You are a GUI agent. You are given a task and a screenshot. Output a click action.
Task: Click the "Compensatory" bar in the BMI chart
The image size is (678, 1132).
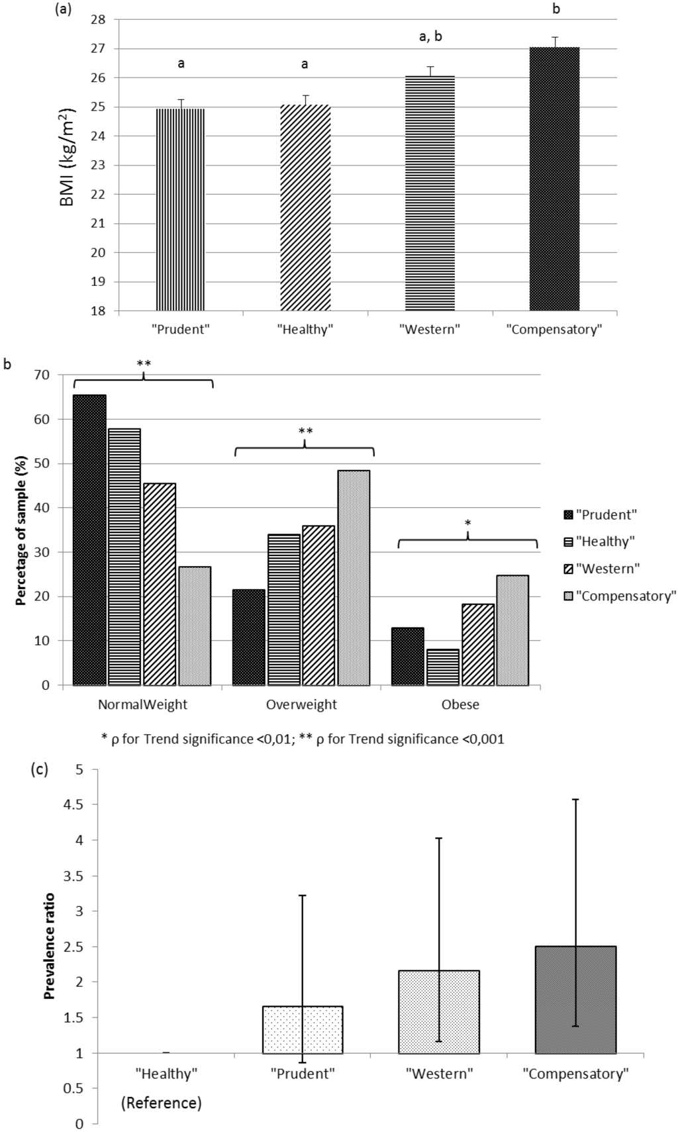click(554, 179)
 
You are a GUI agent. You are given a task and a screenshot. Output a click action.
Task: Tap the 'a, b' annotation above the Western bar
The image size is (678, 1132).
click(430, 37)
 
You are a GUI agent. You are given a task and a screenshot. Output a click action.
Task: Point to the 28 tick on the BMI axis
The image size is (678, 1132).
click(98, 20)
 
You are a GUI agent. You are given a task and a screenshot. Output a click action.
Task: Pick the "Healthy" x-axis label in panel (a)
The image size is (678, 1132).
click(305, 329)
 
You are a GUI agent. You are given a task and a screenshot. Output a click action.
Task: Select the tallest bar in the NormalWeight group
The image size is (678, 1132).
click(89, 540)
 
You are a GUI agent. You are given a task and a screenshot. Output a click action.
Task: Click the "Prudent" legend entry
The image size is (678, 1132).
click(599, 514)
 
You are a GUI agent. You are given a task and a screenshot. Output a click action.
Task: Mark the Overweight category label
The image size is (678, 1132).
click(301, 704)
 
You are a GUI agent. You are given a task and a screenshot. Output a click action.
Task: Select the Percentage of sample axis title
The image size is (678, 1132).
click(21, 530)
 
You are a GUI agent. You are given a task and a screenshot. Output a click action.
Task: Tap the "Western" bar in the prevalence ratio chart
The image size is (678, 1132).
click(438, 1012)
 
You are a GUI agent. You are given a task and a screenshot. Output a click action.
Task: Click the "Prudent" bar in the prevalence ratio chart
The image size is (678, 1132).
click(303, 1029)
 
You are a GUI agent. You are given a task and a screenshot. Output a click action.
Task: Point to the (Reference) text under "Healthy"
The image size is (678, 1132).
click(162, 1103)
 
